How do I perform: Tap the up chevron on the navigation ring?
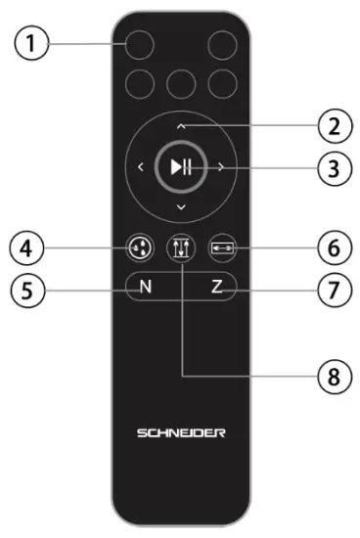[180, 126]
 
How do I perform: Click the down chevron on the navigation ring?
[180, 209]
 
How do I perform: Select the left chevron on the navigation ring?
[139, 167]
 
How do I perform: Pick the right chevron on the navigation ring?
[221, 167]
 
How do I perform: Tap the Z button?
[216, 288]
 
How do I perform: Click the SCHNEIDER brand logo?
[180, 431]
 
